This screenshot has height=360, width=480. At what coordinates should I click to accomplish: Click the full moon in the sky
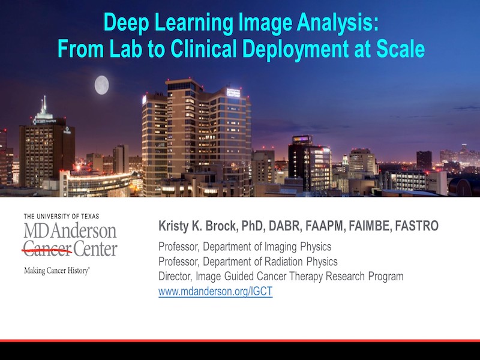pyautogui.click(x=101, y=85)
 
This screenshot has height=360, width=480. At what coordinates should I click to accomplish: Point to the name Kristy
pyautogui.click(x=173, y=227)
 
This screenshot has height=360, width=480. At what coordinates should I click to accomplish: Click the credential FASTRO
pyautogui.click(x=416, y=226)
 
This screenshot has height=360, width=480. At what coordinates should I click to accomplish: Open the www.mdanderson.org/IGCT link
pyautogui.click(x=215, y=291)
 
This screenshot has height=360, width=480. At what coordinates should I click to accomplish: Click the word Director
pyautogui.click(x=175, y=276)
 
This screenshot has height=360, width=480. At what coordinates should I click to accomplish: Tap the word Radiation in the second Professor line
pyautogui.click(x=283, y=262)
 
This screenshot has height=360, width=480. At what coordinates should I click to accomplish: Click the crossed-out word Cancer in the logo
pyautogui.click(x=47, y=249)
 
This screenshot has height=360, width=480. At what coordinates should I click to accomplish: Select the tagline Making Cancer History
pyautogui.click(x=57, y=271)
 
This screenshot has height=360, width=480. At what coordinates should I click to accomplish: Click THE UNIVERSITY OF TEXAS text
pyautogui.click(x=62, y=217)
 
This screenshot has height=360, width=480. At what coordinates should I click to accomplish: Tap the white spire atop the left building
pyautogui.click(x=44, y=105)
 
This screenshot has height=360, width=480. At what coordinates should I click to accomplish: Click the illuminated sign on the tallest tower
pyautogui.click(x=233, y=92)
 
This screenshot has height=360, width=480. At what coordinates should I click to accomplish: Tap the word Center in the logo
pyautogui.click(x=95, y=249)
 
